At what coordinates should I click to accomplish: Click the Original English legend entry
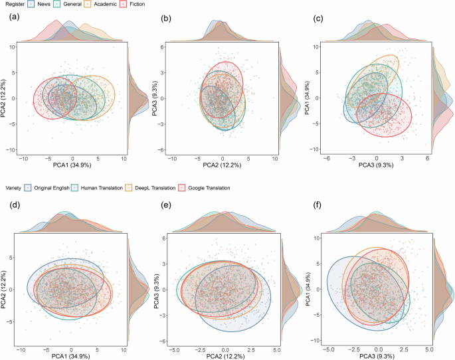point(50,188)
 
